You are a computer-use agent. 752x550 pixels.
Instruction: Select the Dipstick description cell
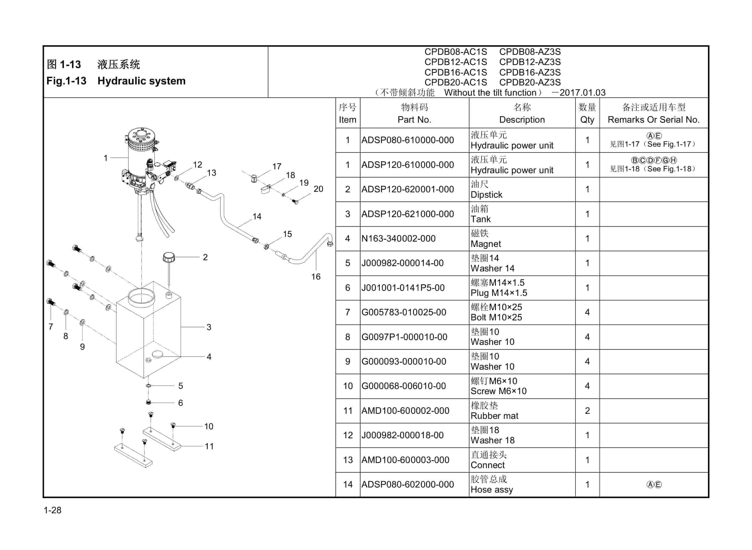[x=522, y=190]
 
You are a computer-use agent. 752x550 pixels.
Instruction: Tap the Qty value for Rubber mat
[x=587, y=411]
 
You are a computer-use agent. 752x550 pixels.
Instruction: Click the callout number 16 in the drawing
[x=316, y=277]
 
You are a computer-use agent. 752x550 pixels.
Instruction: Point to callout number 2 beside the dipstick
[x=205, y=257]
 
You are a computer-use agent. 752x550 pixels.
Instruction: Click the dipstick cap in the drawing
[x=169, y=257]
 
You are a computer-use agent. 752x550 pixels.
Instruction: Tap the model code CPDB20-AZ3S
[x=530, y=82]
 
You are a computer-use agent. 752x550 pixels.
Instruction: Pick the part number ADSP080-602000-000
[x=407, y=485]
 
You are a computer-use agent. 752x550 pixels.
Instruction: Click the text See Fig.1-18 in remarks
[x=669, y=169]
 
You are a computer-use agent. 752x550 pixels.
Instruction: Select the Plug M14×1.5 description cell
[x=522, y=288]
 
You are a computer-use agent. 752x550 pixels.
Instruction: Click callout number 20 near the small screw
[x=318, y=189]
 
